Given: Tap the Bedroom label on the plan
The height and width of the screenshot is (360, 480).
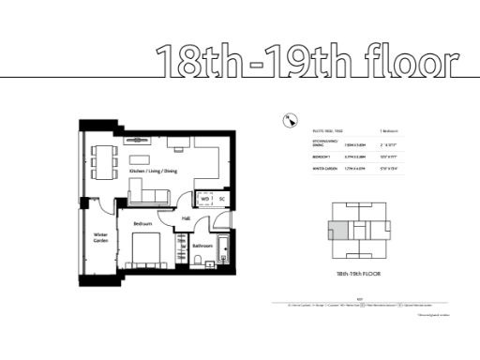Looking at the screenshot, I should [x=142, y=224].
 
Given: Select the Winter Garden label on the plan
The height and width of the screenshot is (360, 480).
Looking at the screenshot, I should [x=99, y=239].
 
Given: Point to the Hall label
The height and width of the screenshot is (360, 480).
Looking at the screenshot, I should [x=186, y=218].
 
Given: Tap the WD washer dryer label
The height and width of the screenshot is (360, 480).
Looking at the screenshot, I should [x=204, y=199].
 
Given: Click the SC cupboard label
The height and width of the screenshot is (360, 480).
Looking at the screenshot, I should [x=222, y=199].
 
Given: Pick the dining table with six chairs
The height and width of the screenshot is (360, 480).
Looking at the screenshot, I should [x=98, y=161].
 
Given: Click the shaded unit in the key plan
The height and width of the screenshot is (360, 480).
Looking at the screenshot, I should [x=339, y=231].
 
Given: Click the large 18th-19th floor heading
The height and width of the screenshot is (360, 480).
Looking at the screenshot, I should [x=307, y=61].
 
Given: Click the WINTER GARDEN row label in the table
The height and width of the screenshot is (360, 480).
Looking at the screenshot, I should [x=325, y=169].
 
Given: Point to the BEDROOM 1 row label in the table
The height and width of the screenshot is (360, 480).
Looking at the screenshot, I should [x=322, y=157].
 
